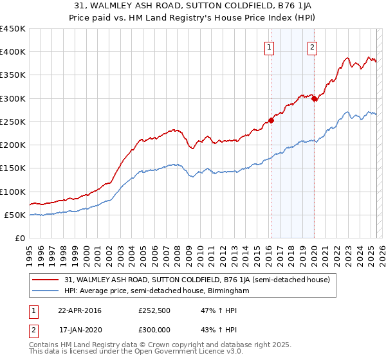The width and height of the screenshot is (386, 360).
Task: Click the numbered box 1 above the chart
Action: (269, 46)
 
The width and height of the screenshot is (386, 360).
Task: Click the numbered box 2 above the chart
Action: (312, 46)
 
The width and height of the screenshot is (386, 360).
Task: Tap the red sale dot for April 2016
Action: (271, 120)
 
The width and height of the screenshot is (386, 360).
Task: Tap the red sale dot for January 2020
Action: (314, 98)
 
